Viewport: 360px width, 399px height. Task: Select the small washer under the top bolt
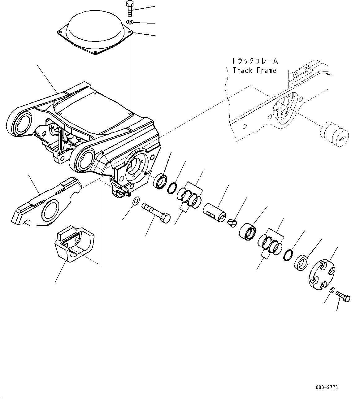click(x=130, y=22)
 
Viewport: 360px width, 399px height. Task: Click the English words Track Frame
click(x=254, y=71)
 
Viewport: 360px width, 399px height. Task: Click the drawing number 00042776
click(x=327, y=387)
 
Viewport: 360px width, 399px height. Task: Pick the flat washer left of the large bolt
click(x=135, y=201)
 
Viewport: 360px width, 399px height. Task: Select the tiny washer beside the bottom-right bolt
click(x=332, y=290)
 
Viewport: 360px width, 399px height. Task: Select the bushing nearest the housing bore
click(x=161, y=181)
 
